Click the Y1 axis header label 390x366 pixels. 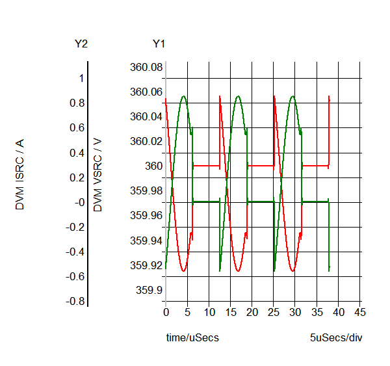(x=159, y=44)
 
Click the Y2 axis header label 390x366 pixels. (x=81, y=44)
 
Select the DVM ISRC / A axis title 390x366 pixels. (x=20, y=176)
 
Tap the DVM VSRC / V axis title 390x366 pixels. (x=98, y=175)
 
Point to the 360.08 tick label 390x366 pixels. (x=146, y=67)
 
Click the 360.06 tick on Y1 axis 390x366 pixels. (x=146, y=92)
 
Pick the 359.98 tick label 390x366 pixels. (x=146, y=190)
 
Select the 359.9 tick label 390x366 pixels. (x=149, y=290)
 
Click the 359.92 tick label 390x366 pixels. (x=146, y=265)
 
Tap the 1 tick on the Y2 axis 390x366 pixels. (x=81, y=78)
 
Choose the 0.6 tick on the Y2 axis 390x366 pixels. (x=78, y=128)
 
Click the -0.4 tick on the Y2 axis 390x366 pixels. (x=75, y=252)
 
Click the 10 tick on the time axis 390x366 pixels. (x=209, y=313)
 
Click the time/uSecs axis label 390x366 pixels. (x=188, y=338)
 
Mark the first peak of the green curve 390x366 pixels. (x=183, y=96)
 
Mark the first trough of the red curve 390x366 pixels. (x=183, y=271)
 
